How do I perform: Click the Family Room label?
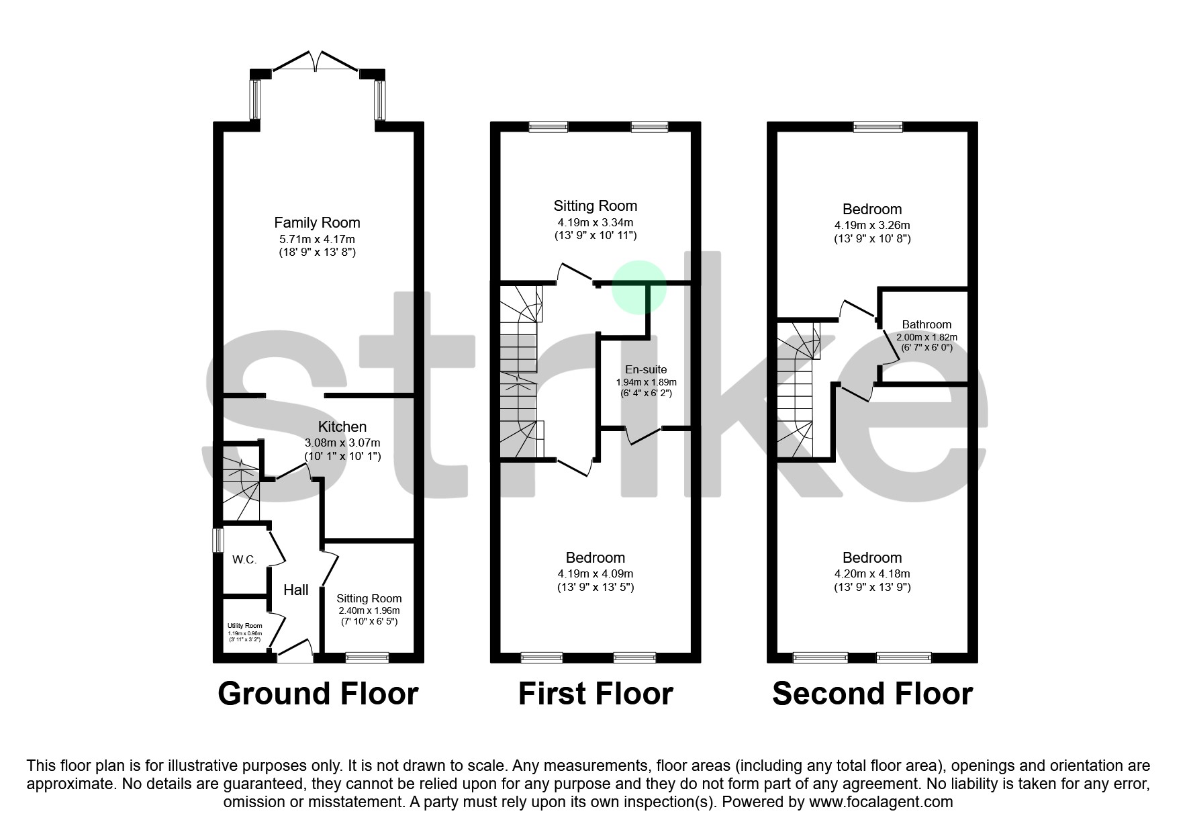click(317, 222)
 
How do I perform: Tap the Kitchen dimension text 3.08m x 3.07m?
click(342, 443)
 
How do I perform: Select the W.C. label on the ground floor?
click(244, 559)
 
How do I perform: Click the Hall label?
click(296, 590)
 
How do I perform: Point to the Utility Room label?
click(244, 625)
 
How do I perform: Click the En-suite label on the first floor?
click(646, 369)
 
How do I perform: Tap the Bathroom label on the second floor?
click(926, 324)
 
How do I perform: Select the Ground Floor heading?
click(318, 694)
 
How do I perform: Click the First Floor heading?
click(596, 694)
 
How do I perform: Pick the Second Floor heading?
click(872, 694)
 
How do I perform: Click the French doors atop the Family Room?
click(316, 61)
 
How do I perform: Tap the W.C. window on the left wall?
click(218, 541)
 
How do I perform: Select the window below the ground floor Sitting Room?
click(367, 657)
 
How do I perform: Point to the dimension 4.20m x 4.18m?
click(872, 574)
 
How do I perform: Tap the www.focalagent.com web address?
click(881, 802)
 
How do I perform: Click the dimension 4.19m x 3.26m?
click(872, 226)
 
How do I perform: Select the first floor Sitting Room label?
click(596, 206)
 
